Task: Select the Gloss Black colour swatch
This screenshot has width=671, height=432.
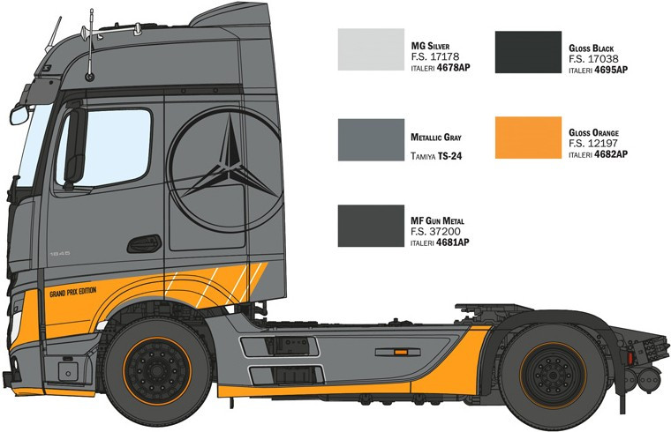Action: pos(527,52)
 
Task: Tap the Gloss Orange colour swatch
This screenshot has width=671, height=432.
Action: pos(527,138)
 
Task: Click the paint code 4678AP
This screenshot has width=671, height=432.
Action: pos(453,68)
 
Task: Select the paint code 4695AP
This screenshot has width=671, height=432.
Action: pos(610,68)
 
